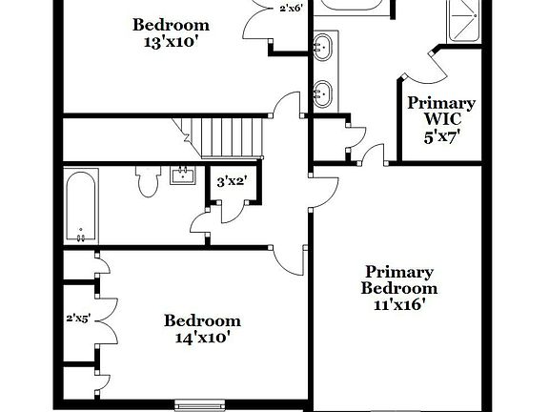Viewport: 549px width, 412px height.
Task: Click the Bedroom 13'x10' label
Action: pos(172,33)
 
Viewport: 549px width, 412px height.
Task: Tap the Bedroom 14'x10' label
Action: pos(201,328)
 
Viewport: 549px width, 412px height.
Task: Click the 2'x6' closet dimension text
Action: pos(292,9)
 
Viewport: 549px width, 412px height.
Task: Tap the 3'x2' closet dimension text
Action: pos(234,180)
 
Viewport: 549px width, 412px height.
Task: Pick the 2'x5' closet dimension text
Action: pos(77,319)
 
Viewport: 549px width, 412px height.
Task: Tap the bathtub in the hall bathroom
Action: pos(81,204)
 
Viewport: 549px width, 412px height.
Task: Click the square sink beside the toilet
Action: pos(182,175)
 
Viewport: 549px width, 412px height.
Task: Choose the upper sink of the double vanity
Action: pos(324,44)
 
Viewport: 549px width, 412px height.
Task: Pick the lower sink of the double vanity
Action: pos(324,93)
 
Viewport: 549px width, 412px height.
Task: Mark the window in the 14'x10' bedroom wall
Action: pos(200,401)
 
